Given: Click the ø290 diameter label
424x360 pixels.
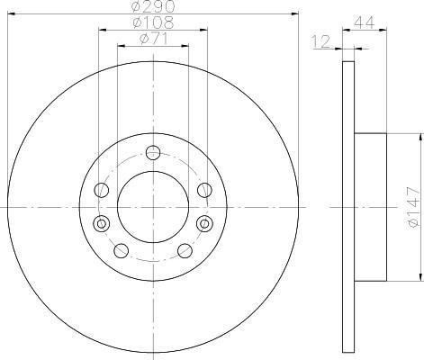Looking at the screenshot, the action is (153, 6).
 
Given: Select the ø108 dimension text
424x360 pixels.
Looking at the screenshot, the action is (153, 22).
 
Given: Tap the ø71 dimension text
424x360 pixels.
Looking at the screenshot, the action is (153, 39).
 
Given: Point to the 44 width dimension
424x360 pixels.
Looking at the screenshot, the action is (365, 22).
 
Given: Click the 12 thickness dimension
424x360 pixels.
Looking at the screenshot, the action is (321, 41).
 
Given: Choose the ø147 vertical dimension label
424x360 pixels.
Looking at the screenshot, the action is (412, 207).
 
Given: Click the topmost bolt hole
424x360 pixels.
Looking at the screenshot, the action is (153, 152).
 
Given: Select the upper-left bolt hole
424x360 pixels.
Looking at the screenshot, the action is (102, 190).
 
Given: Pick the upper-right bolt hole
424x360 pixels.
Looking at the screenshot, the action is (204, 190).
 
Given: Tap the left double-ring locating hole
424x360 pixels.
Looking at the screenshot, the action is (102, 223).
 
